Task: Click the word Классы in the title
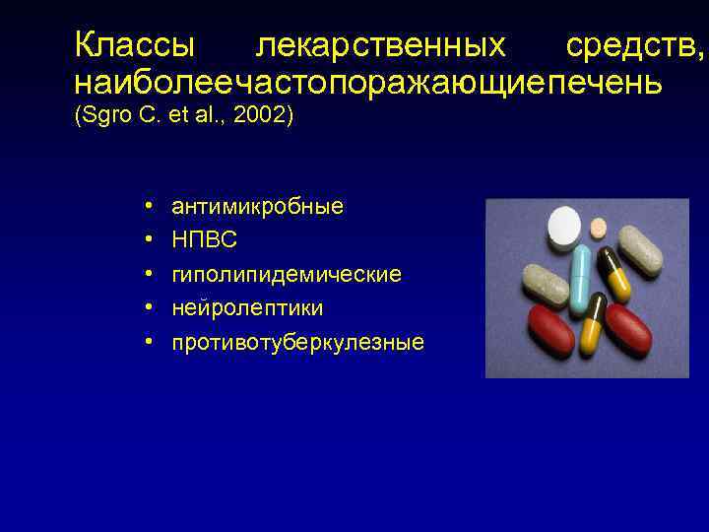point(135,45)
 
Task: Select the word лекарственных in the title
point(380,45)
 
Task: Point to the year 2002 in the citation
point(263,116)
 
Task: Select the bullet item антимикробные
point(257,207)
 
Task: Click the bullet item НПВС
point(204,240)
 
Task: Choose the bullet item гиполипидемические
point(287,275)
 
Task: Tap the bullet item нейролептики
point(247,308)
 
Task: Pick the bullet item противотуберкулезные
point(297,343)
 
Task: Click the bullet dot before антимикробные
point(146,207)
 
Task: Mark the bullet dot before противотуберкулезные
point(146,343)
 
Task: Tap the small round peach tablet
point(598,229)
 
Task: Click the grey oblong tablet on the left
point(546,284)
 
